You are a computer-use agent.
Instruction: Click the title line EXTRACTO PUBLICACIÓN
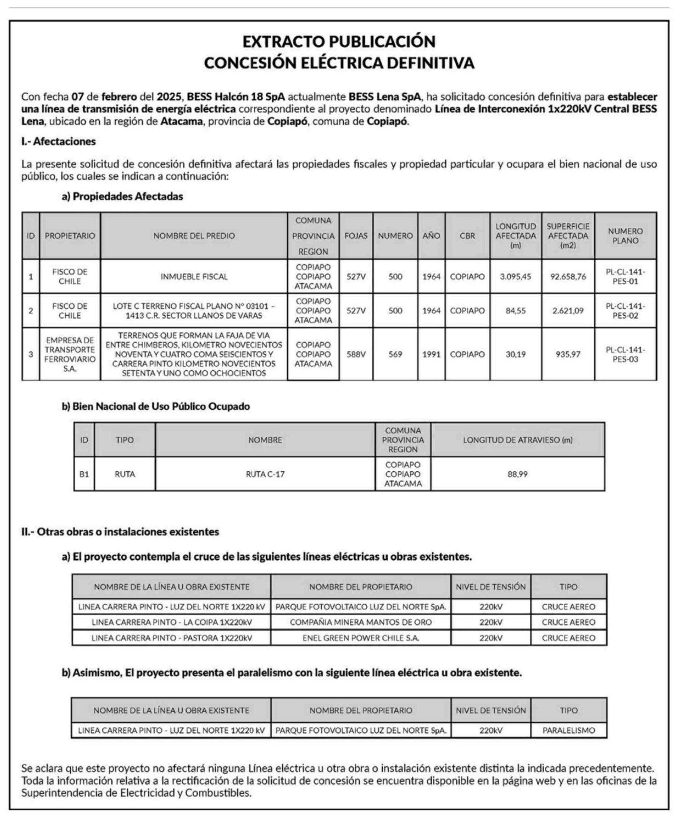(x=339, y=42)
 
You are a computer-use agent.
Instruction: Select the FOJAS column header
(x=356, y=236)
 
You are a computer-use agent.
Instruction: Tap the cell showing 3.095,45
(x=515, y=277)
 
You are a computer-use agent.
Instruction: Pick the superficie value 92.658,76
(x=567, y=277)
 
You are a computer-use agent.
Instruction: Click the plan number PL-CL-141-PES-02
(x=625, y=311)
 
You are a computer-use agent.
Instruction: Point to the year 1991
(x=431, y=354)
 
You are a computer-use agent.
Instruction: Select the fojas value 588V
(x=356, y=354)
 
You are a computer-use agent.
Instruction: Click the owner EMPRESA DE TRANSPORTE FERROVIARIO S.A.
(x=70, y=354)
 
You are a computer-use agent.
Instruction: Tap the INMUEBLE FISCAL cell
(x=194, y=277)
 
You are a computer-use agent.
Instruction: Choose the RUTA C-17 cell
(x=265, y=474)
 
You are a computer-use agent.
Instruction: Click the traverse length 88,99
(x=517, y=474)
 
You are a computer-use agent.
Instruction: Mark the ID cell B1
(x=84, y=474)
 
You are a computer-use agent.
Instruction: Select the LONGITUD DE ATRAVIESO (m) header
(x=517, y=440)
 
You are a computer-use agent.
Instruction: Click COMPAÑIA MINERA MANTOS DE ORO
(x=361, y=622)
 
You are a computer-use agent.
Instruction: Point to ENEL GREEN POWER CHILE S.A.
(x=361, y=638)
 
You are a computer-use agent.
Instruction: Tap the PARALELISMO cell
(x=568, y=730)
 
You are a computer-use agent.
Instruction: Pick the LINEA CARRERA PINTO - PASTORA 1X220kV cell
(x=171, y=638)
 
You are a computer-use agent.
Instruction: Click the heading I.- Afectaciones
(x=59, y=141)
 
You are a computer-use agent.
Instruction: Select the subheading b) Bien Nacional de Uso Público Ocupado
(x=156, y=406)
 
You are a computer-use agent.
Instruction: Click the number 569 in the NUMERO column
(x=395, y=354)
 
